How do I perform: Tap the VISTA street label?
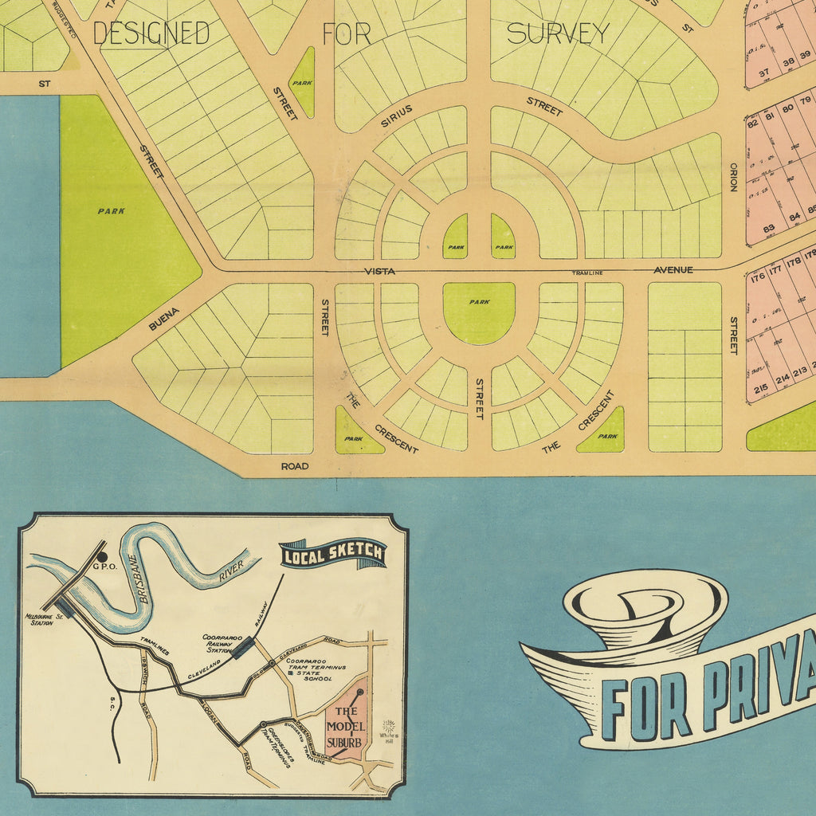pyautogui.click(x=380, y=272)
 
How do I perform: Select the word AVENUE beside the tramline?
pyautogui.click(x=673, y=270)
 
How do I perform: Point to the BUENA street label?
pyautogui.click(x=163, y=318)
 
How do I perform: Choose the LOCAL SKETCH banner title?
pyautogui.click(x=333, y=554)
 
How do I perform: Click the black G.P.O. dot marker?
pyautogui.click(x=102, y=555)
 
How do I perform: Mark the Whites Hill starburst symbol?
pyautogui.click(x=389, y=726)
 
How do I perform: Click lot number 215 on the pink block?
pyautogui.click(x=760, y=389)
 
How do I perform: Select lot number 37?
pyautogui.click(x=763, y=73)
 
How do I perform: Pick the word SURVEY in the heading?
pyautogui.click(x=558, y=33)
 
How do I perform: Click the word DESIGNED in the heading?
pyautogui.click(x=151, y=33)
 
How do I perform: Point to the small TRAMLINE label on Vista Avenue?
pyautogui.click(x=586, y=273)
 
